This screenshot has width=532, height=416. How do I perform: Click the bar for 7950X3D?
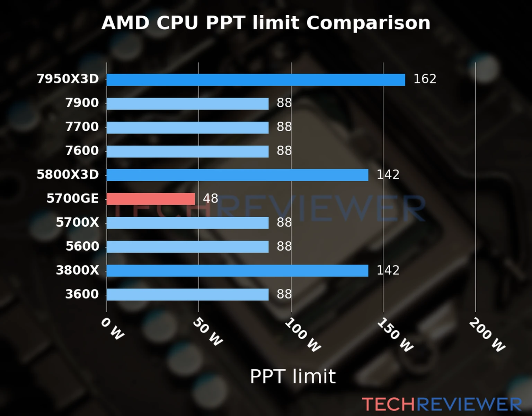click(256, 80)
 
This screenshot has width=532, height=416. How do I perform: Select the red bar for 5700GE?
click(151, 199)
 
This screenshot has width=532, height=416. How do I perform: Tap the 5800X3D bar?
click(237, 175)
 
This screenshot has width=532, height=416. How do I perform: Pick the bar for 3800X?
click(237, 271)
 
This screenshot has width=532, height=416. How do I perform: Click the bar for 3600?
click(187, 295)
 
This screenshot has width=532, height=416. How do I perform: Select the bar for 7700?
click(187, 128)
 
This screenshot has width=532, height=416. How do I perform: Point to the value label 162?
click(425, 79)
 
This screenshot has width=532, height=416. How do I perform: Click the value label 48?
click(210, 199)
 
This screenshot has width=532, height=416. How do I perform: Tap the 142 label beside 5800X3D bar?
click(388, 175)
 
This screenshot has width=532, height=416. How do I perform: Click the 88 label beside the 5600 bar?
click(284, 246)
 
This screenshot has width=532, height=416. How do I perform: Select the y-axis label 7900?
click(82, 103)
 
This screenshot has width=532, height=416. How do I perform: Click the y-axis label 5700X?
click(77, 222)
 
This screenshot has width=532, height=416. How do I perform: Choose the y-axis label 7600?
click(82, 151)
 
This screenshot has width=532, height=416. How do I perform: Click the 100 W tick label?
click(303, 335)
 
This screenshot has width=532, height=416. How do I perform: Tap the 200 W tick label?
click(487, 335)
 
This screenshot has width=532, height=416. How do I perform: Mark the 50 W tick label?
click(207, 332)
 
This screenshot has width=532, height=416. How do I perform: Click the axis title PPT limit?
click(293, 376)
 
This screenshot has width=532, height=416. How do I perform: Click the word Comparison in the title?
click(368, 23)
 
